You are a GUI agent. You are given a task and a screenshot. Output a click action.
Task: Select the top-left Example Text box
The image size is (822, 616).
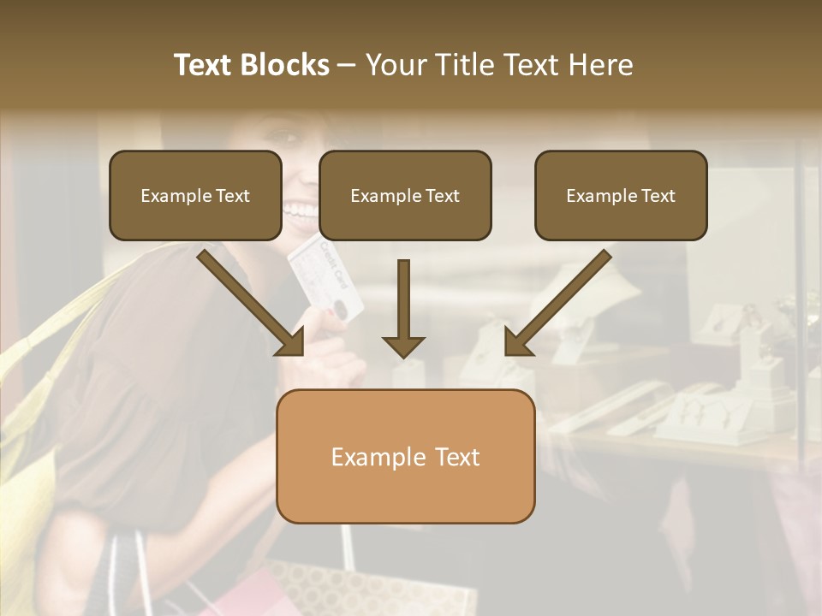[x=195, y=195]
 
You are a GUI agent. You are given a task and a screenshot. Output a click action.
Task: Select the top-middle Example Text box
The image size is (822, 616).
[x=405, y=195]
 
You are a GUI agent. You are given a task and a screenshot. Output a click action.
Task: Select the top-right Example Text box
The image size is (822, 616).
[x=621, y=195]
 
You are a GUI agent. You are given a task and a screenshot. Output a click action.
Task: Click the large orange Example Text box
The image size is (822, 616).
[x=405, y=456]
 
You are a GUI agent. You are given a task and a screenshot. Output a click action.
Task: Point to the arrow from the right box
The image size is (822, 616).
[x=558, y=304]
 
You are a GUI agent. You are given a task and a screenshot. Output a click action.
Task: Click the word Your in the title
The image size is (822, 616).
[x=395, y=66]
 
